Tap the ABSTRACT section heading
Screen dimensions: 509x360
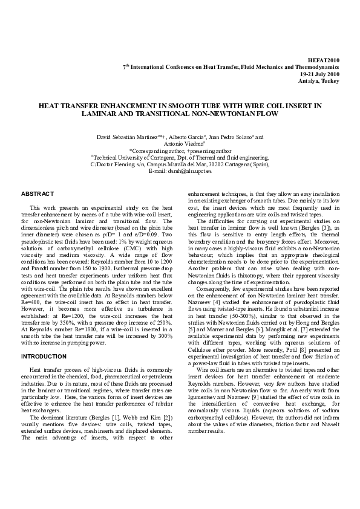(38, 193)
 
